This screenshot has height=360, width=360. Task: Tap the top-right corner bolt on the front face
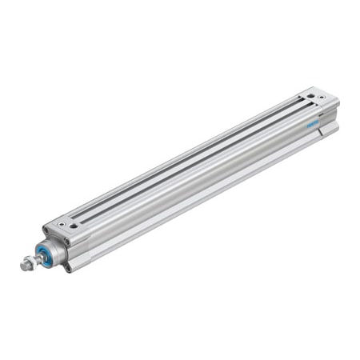[x=67, y=242]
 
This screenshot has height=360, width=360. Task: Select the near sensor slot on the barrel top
[x=200, y=159]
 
